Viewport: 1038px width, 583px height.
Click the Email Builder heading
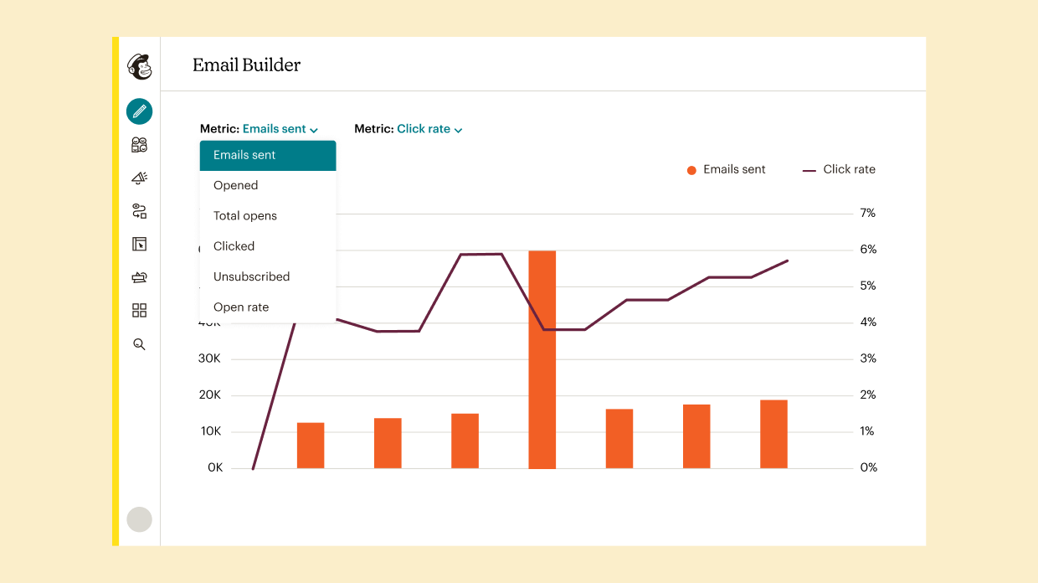tap(246, 65)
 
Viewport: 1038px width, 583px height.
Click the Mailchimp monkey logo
tap(139, 66)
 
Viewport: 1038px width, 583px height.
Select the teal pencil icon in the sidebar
tap(139, 111)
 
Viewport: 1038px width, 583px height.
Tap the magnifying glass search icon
tap(139, 344)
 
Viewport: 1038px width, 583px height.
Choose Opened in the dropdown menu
tap(235, 185)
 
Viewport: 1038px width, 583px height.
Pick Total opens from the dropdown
tap(244, 216)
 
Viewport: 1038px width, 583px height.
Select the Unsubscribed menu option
tap(251, 276)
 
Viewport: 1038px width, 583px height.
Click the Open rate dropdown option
tap(241, 307)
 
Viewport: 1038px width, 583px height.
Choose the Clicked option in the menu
tap(234, 246)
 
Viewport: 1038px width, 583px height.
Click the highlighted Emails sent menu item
tap(244, 155)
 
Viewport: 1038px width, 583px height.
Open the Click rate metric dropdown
tap(429, 129)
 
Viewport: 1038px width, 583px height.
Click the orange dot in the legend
tap(691, 170)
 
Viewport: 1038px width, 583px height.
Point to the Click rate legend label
tap(849, 169)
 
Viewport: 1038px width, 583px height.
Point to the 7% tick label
tap(868, 214)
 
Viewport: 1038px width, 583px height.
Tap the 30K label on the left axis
tap(208, 359)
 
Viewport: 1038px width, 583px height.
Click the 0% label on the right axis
tap(868, 467)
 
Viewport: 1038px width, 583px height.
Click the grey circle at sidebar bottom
tap(139, 519)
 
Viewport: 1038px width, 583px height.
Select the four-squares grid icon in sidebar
tap(139, 311)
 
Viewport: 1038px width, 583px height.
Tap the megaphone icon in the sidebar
tap(139, 178)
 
